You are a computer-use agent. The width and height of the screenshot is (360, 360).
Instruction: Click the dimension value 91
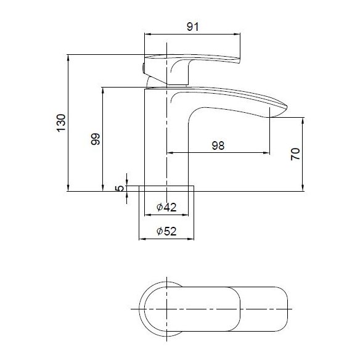point(192,27)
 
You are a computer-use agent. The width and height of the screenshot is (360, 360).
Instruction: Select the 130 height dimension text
point(61,123)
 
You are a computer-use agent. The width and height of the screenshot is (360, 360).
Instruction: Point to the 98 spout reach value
point(217,145)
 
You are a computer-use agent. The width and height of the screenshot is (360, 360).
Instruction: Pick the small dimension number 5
point(120,187)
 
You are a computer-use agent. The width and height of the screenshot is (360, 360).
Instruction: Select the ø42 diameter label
point(167,208)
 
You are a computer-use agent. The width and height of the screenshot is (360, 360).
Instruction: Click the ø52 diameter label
point(167,231)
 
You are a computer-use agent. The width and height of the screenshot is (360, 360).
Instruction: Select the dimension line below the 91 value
point(192,35)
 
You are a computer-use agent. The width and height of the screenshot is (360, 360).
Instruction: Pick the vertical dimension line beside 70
point(303,154)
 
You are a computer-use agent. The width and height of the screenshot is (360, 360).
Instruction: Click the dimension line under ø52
point(167,238)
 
